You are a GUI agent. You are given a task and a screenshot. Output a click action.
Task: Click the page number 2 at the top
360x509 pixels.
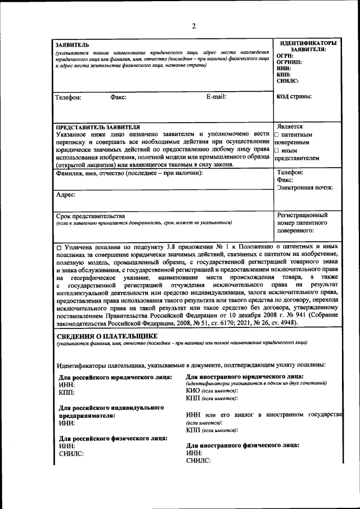click(193, 26)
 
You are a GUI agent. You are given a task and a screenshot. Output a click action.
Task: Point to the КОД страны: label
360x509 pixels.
click(295, 96)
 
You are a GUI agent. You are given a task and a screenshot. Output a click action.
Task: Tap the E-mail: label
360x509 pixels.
click(216, 97)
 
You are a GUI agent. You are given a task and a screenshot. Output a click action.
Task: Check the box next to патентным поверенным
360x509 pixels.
click(277, 135)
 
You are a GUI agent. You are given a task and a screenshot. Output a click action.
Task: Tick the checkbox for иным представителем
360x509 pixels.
click(277, 151)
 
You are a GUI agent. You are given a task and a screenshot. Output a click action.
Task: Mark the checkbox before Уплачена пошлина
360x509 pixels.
click(59, 247)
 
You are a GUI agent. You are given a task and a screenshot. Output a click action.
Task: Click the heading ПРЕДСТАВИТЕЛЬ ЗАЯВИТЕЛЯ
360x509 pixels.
click(98, 127)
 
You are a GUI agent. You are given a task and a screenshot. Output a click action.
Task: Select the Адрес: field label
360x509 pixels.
click(66, 195)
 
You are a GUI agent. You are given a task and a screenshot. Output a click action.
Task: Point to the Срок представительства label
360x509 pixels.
click(91, 216)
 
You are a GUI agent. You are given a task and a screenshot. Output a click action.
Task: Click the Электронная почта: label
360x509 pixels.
click(305, 188)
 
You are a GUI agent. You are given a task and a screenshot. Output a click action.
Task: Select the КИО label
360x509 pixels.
click(193, 390)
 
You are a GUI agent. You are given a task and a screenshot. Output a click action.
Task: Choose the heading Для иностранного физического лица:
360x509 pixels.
click(242, 445)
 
